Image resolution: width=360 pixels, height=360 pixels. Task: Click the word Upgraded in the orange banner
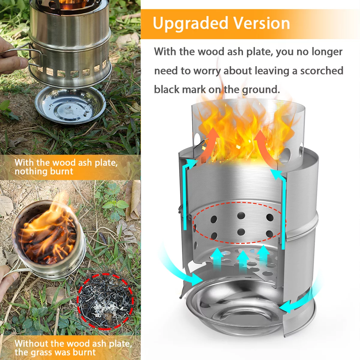click(190, 23)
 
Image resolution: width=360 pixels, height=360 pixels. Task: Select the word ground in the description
click(260, 89)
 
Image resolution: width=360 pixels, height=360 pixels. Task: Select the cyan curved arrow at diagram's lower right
click(297, 303)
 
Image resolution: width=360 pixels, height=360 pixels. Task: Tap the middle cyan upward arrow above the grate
click(243, 258)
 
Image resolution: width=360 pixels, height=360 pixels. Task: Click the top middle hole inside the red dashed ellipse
click(241, 215)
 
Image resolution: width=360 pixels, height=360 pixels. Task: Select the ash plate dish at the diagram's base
click(234, 312)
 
